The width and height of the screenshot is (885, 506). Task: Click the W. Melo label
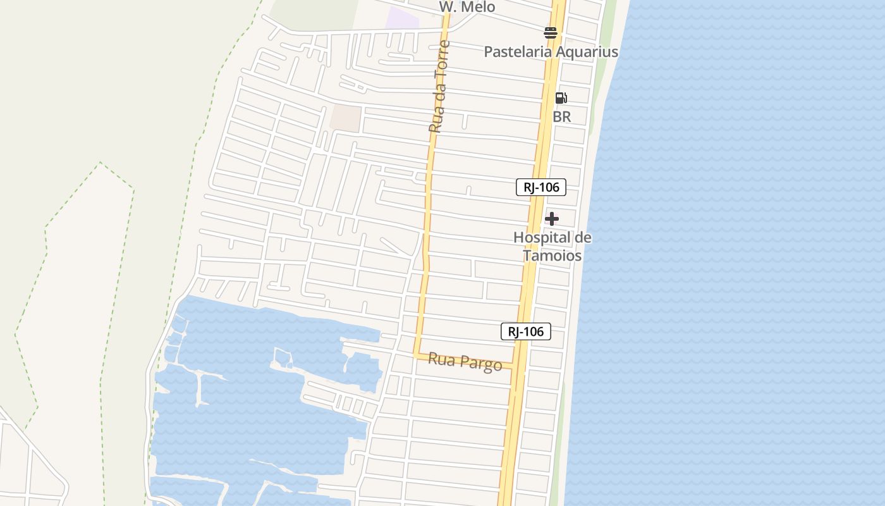click(467, 6)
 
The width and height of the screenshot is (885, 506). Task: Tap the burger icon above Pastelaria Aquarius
click(551, 33)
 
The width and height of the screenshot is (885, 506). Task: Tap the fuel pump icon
click(561, 98)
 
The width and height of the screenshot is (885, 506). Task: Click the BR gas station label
click(561, 117)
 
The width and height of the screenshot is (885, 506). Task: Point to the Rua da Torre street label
click(439, 87)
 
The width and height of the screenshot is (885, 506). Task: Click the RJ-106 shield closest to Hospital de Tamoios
click(540, 187)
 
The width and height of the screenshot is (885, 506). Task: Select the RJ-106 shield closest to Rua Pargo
click(525, 331)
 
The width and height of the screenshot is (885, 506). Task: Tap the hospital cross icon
click(552, 219)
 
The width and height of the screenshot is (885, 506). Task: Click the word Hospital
click(542, 238)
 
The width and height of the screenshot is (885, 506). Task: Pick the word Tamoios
click(551, 256)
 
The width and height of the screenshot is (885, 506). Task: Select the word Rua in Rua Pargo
click(441, 359)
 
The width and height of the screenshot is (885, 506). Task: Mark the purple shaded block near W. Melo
click(403, 18)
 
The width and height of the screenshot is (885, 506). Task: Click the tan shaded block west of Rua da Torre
click(346, 118)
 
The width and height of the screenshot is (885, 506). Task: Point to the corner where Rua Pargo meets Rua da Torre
click(417, 354)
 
